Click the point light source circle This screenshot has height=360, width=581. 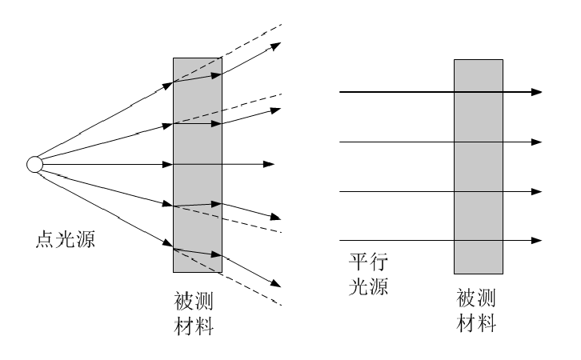click(34, 164)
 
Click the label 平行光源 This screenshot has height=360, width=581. click(369, 274)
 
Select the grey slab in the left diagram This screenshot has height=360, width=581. click(197, 164)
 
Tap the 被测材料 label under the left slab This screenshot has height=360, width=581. click(193, 314)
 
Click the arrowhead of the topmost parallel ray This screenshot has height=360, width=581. click(537, 92)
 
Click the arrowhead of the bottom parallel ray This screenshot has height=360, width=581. click(537, 240)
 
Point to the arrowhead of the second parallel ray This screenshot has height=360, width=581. click(537, 142)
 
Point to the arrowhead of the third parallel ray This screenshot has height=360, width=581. click(537, 191)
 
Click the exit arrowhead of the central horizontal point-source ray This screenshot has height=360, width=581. click(270, 164)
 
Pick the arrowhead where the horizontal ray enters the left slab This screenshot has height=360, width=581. click(168, 164)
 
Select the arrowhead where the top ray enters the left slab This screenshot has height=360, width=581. click(168, 83)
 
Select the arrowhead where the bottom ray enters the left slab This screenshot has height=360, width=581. click(168, 246)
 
